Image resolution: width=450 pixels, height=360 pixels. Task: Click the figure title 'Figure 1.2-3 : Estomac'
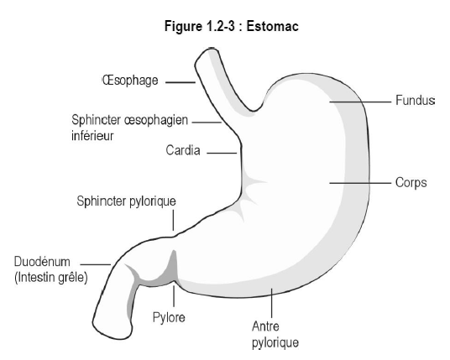[232, 26]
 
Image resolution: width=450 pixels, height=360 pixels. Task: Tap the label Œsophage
[130, 81]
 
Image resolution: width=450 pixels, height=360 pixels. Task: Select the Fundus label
[415, 101]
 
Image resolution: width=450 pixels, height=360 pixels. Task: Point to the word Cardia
[183, 150]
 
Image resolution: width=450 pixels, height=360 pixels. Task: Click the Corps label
[411, 183]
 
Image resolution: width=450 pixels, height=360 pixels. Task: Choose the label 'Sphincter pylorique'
[126, 201]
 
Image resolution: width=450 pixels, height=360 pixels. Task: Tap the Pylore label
[169, 317]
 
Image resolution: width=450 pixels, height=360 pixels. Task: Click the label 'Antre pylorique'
[275, 335]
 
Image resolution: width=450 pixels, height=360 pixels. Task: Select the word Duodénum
[42, 262]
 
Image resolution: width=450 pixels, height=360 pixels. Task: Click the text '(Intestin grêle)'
[51, 278]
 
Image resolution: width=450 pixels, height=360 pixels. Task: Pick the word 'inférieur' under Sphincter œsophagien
[92, 136]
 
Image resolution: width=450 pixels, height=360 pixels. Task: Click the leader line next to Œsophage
[181, 82]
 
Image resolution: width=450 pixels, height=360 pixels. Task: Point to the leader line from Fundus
[360, 102]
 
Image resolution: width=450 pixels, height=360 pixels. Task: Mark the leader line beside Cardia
[222, 153]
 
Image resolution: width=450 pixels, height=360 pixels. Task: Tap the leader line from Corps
[360, 183]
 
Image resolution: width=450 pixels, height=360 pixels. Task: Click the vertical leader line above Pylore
[174, 296]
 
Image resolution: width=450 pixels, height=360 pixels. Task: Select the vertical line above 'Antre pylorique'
[271, 303]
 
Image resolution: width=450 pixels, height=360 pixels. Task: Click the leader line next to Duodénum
[96, 264]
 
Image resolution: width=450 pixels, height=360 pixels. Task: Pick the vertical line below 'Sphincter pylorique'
[173, 220]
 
